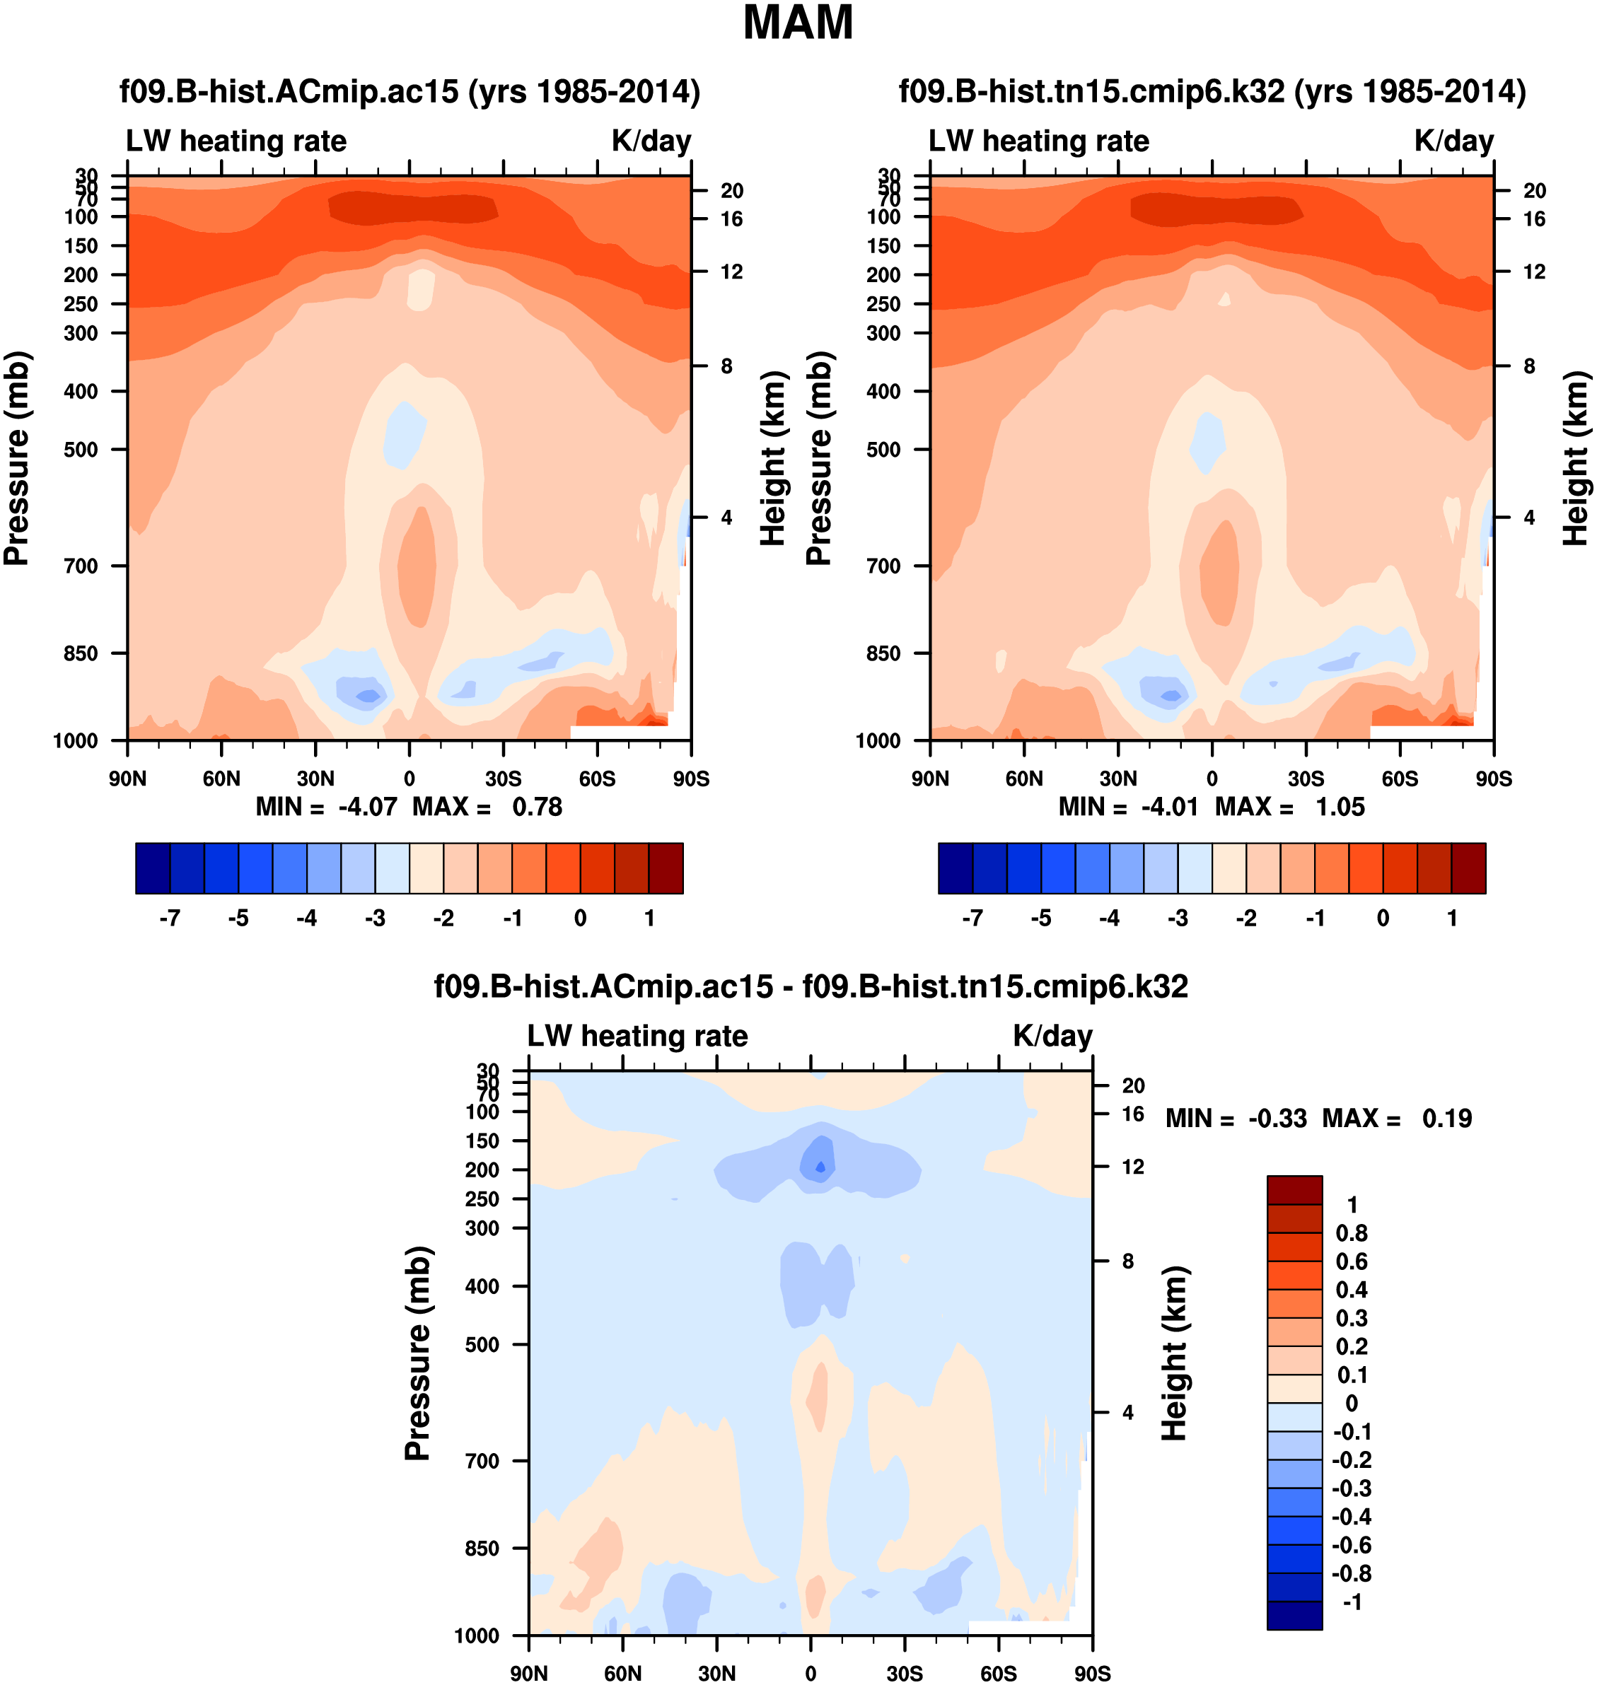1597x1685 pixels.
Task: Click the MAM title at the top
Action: coord(798,23)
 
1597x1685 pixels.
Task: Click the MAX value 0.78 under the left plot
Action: coord(536,807)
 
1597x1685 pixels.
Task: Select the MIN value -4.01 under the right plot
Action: coord(1169,807)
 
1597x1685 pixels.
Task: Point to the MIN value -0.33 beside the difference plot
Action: coord(1277,1118)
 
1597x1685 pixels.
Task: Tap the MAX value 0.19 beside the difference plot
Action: coord(1446,1118)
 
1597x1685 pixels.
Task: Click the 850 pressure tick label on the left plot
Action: coord(81,653)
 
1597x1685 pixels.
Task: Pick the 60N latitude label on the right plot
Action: coord(1024,779)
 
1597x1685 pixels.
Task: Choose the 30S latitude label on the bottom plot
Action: coord(904,1673)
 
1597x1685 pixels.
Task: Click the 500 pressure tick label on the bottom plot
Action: coord(482,1345)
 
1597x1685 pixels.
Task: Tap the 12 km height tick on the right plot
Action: coord(1534,272)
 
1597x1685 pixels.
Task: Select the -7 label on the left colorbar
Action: coord(170,919)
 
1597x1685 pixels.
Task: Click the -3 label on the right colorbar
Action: coord(1178,919)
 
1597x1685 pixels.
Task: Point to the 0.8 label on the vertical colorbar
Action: coord(1352,1233)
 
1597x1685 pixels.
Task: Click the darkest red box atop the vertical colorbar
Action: coord(1294,1190)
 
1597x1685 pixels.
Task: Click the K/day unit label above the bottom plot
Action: coord(1052,1036)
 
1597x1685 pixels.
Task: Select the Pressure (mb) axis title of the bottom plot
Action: coord(418,1353)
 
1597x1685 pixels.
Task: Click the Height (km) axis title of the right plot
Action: coord(1576,458)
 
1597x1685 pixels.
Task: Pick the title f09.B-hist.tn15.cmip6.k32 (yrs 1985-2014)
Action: coord(1212,91)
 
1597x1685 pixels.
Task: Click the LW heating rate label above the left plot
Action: coord(237,141)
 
